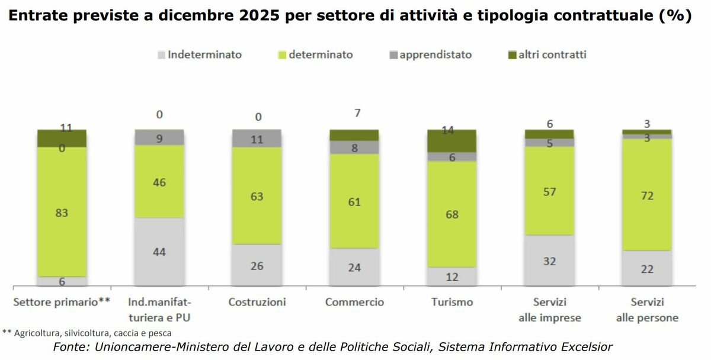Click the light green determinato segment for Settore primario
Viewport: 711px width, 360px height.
62,212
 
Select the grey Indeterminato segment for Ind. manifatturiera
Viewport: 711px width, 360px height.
159,252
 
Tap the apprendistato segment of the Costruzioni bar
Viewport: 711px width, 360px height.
257,139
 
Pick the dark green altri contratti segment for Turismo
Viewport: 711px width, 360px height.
452,140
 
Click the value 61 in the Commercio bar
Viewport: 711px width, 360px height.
354,202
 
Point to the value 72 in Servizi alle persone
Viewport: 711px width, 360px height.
647,195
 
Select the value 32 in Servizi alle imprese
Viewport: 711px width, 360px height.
549,261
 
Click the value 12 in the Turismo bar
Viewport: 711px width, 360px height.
452,277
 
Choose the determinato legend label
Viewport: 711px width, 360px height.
321,54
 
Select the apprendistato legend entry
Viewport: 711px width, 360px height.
435,54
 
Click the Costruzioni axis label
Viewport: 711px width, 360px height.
257,302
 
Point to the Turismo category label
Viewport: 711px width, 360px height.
452,302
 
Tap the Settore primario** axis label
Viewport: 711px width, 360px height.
62,302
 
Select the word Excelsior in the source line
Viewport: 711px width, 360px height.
584,346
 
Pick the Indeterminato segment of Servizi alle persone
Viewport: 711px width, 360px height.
647,268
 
